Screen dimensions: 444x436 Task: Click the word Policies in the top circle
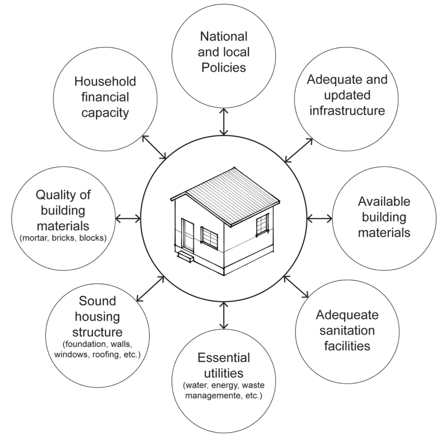[x=224, y=67]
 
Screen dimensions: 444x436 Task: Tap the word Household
[x=105, y=81]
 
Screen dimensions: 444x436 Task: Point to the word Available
[x=384, y=202]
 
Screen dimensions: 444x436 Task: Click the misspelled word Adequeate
[x=347, y=315]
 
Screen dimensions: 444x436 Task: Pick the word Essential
[x=224, y=358]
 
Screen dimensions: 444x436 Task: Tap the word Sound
[x=97, y=301]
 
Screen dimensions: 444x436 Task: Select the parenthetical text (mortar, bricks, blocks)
[x=63, y=238]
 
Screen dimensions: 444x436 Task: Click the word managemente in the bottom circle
[x=213, y=396]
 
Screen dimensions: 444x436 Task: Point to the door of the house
[x=188, y=235]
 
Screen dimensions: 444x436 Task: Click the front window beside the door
[x=209, y=237]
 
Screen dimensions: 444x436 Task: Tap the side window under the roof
[x=262, y=225]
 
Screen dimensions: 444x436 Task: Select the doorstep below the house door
[x=186, y=256]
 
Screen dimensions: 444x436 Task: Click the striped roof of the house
[x=233, y=196]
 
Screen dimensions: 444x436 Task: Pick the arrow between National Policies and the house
[x=224, y=122]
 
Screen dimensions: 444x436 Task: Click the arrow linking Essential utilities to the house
[x=224, y=315]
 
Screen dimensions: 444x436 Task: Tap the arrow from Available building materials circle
[x=320, y=218]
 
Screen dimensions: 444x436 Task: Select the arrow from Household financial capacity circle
[x=154, y=147]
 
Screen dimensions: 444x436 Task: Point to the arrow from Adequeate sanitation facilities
[x=296, y=287]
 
